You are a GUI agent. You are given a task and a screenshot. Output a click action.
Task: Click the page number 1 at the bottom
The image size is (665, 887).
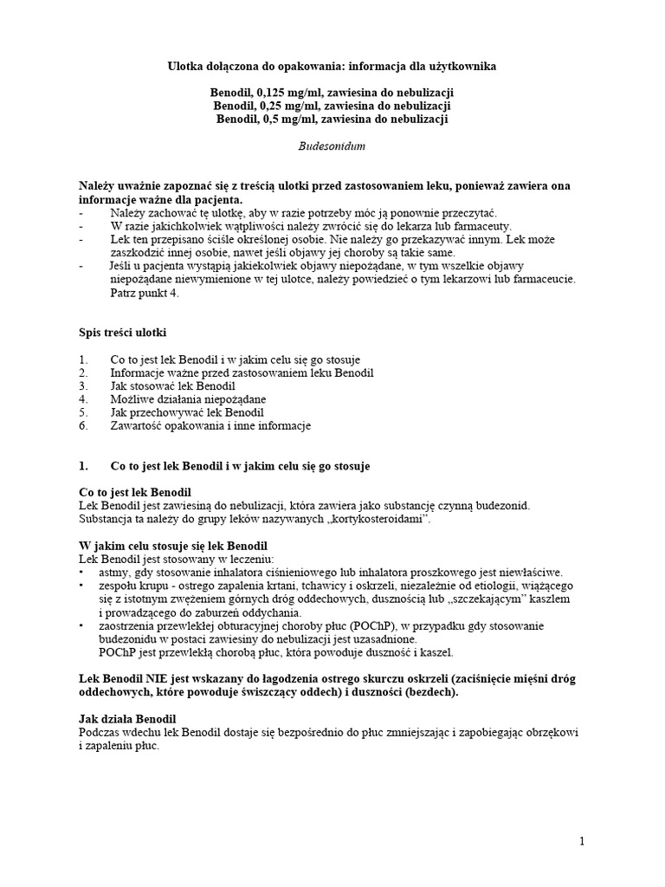coord(583,841)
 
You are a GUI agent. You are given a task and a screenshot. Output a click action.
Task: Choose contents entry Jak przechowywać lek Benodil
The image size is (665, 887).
coord(187,412)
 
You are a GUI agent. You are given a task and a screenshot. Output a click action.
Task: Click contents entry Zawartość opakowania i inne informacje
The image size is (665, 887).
coord(210,425)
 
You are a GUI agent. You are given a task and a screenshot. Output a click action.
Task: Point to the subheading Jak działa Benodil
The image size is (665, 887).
coord(127,719)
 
